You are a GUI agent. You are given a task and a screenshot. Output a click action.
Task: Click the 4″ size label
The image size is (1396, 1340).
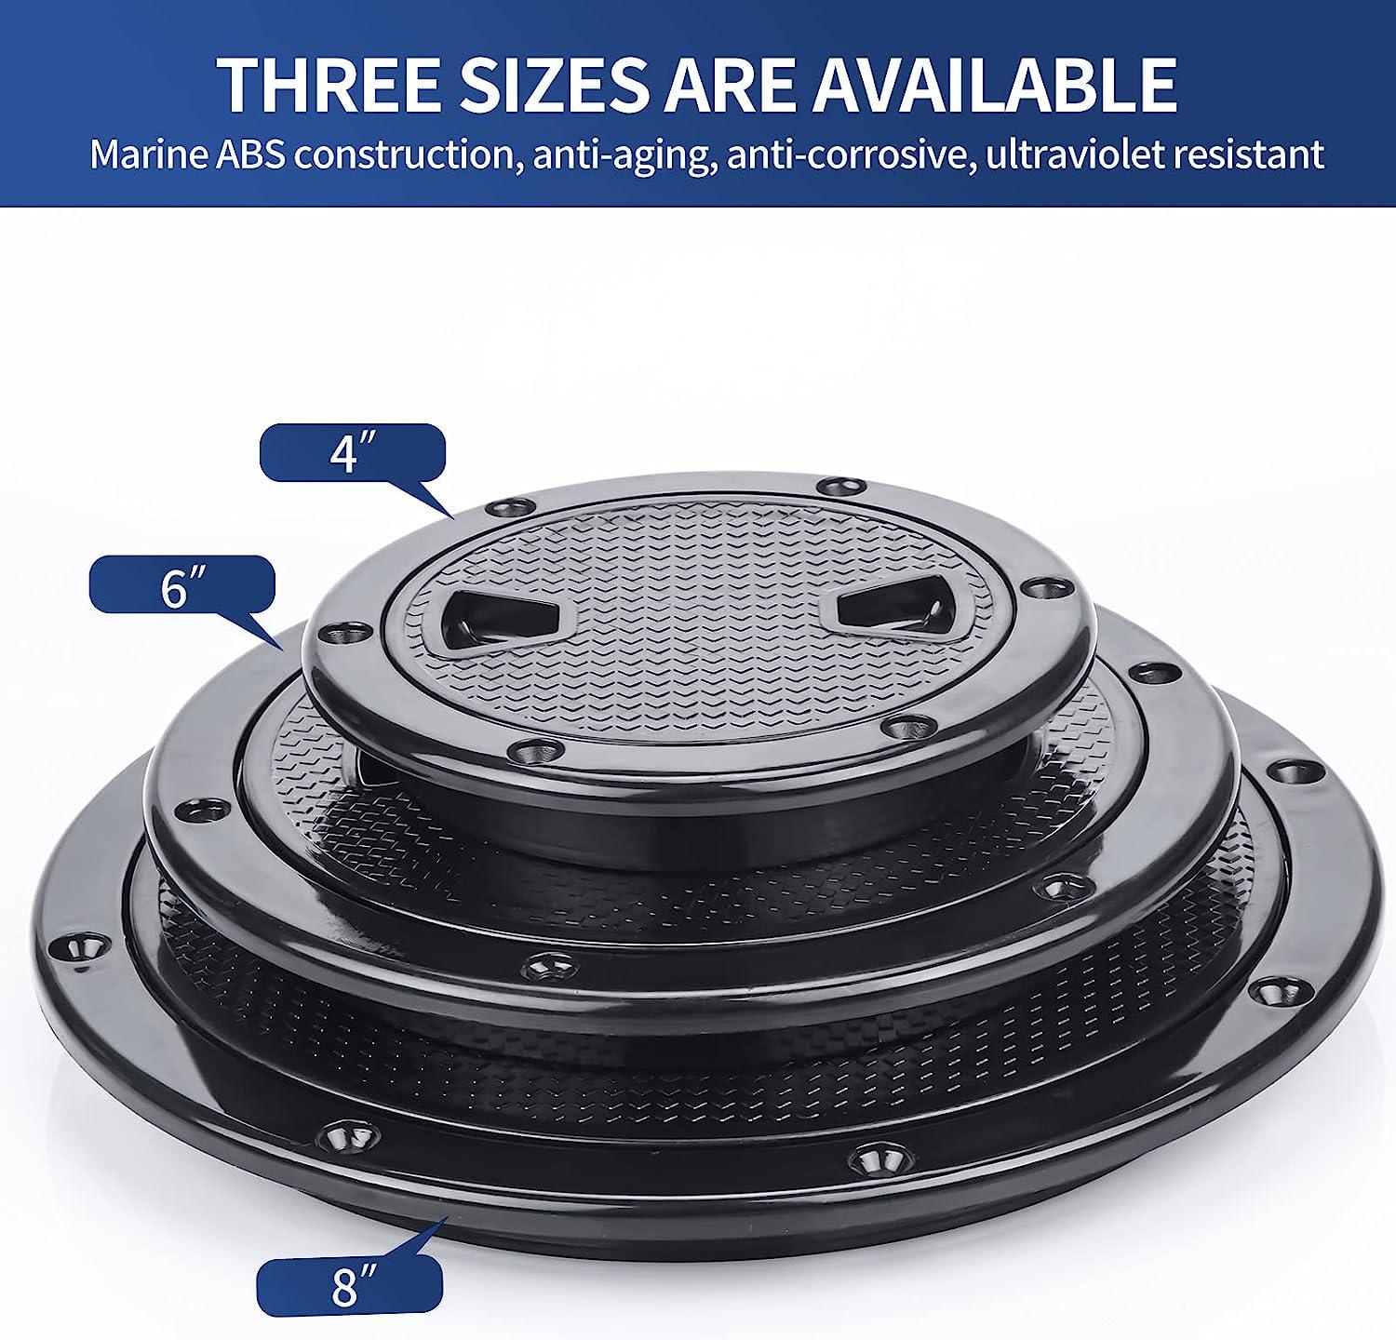[352, 453]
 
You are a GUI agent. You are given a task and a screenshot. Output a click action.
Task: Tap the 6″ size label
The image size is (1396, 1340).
[181, 585]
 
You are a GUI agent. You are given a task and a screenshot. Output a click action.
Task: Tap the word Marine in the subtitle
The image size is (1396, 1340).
[149, 154]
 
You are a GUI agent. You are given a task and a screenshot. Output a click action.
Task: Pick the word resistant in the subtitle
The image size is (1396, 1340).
[1248, 154]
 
